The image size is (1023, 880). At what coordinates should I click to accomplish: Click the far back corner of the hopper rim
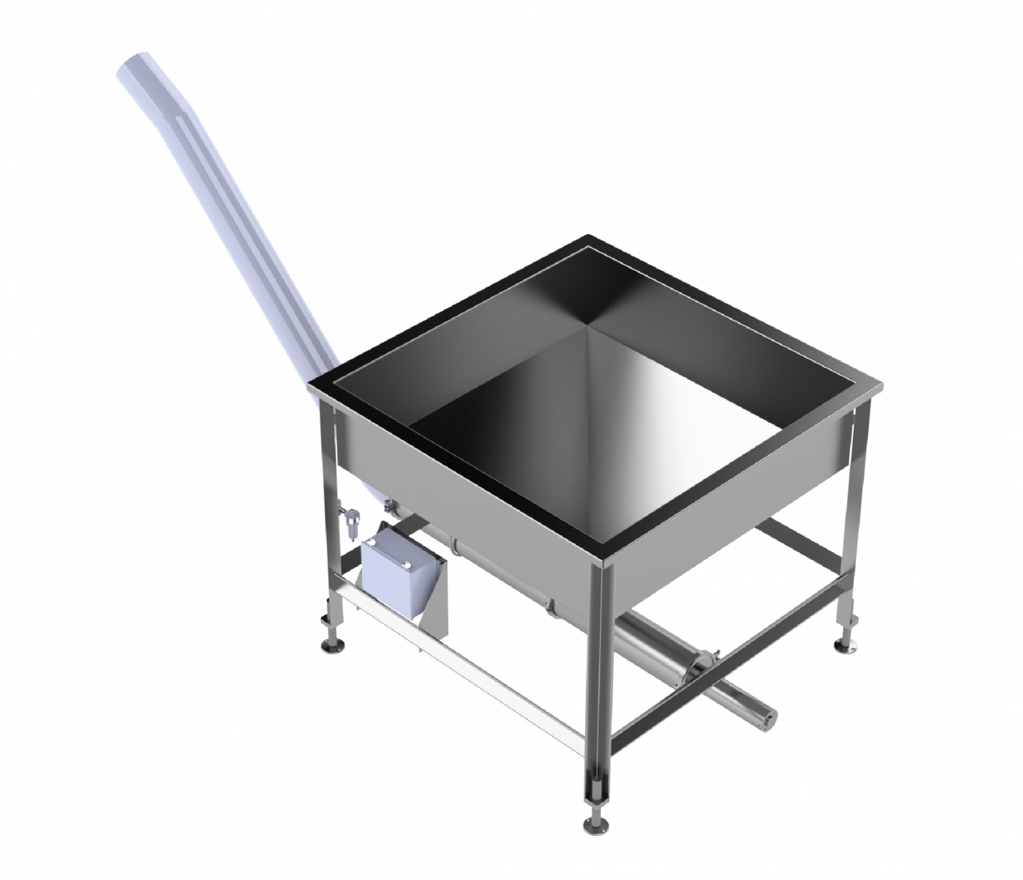tap(590, 236)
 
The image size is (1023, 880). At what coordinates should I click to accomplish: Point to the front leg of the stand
tap(597, 687)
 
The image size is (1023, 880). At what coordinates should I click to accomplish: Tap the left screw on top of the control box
tap(374, 543)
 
